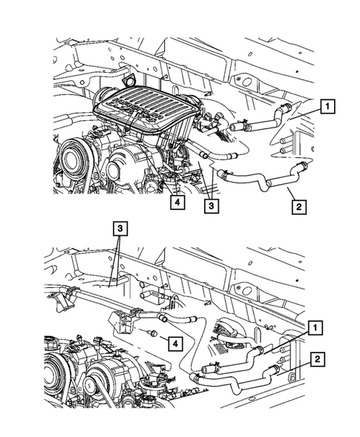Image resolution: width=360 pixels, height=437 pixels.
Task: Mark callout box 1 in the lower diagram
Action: (x=315, y=326)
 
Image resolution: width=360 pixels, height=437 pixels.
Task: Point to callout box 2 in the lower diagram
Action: (x=316, y=360)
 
